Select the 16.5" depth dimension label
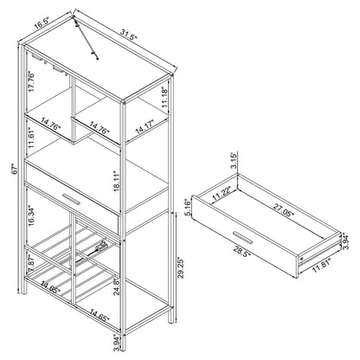click(42, 23)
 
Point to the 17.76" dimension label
click(31, 82)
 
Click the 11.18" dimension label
click(164, 97)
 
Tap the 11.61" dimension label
click(31, 138)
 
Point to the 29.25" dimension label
click(181, 268)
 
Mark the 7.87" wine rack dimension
click(32, 261)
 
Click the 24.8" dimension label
click(116, 287)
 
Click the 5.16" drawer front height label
click(188, 207)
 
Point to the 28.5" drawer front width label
click(241, 251)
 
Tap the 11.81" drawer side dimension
click(322, 266)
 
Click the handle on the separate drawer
click(243, 237)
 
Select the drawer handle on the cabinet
click(71, 199)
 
